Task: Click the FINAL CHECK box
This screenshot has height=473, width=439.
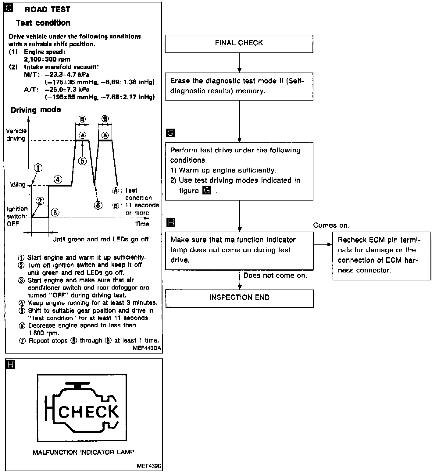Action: [239, 44]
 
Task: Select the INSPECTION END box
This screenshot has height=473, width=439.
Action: [239, 298]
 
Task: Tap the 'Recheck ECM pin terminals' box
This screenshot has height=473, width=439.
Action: [382, 255]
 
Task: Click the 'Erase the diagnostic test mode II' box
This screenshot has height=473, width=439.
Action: [239, 86]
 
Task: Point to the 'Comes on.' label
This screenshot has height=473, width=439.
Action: [331, 226]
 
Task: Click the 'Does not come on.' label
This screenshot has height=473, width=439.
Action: [275, 276]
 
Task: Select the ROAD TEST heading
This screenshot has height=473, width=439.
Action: [47, 10]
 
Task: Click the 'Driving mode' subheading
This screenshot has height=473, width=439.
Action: [36, 110]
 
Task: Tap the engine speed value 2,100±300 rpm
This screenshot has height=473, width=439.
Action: [47, 59]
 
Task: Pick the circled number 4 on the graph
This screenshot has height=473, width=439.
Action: [58, 179]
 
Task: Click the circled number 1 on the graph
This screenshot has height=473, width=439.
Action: [38, 168]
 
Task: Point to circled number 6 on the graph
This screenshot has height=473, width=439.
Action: [98, 205]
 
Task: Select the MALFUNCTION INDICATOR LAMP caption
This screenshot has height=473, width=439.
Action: [84, 452]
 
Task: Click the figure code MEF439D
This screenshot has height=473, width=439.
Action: [149, 466]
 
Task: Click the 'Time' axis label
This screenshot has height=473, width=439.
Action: [142, 224]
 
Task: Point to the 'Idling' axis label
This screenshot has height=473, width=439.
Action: [18, 185]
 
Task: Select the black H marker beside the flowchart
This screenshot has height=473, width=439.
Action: [171, 222]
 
